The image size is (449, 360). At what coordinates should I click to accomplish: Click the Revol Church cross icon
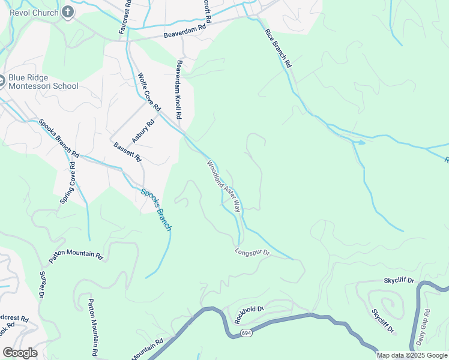[x=68, y=12]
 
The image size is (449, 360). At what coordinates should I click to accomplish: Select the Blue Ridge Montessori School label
[x=43, y=82]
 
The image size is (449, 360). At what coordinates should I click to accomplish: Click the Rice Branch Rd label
[x=277, y=46]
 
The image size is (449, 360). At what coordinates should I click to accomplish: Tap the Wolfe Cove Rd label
[x=149, y=92]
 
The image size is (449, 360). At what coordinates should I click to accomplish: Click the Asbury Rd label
[x=143, y=130]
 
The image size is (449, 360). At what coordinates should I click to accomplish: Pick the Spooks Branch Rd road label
[x=58, y=138]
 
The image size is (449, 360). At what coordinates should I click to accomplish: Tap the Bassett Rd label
[x=127, y=151]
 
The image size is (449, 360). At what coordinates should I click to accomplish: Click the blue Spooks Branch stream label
[x=156, y=210]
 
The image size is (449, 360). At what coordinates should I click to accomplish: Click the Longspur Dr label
[x=253, y=253]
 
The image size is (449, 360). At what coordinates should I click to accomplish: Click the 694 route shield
[x=246, y=332]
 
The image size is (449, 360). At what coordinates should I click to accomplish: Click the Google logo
[x=20, y=353]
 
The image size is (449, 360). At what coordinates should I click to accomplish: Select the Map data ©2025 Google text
[x=411, y=355]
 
